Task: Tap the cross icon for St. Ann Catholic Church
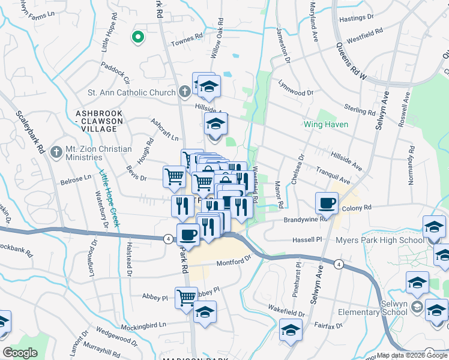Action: [x=185, y=92]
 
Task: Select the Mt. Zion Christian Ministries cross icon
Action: [x=57, y=150]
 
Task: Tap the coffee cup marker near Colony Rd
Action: [x=327, y=203]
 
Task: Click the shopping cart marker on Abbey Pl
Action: [x=186, y=296]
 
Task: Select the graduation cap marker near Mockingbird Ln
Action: [x=205, y=312]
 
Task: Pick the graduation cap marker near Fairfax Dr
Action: [x=291, y=330]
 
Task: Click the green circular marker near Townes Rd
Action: [x=138, y=38]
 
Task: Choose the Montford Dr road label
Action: [x=233, y=261]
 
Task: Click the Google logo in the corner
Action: [x=20, y=353]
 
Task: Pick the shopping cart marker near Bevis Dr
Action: [x=174, y=177]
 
